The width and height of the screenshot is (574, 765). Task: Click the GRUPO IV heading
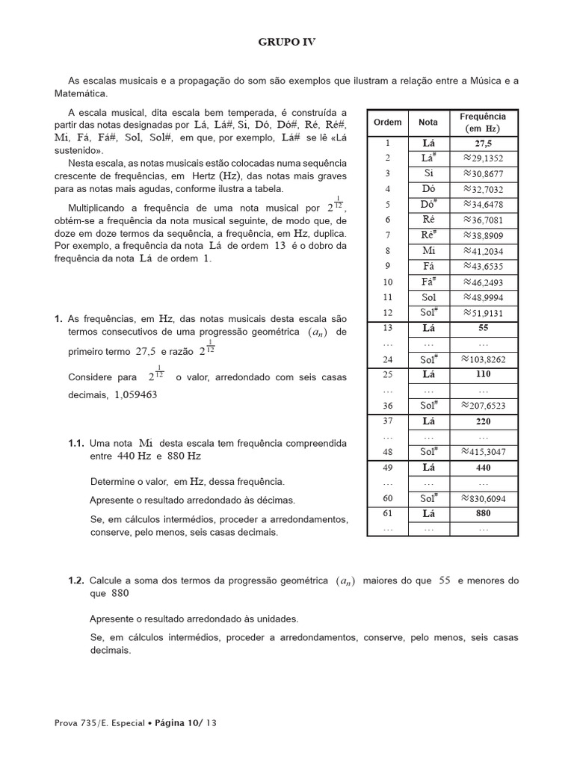[x=287, y=43]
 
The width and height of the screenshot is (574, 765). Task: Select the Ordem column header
[x=387, y=122]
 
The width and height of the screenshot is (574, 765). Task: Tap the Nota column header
[x=428, y=122]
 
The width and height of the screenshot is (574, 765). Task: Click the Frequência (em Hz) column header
[x=482, y=122]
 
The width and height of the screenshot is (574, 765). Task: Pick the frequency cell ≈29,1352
[x=483, y=158]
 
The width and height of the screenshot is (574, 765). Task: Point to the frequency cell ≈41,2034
[x=483, y=251]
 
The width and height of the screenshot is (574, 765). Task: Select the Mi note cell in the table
[x=428, y=251]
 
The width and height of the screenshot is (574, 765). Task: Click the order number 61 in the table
[x=387, y=513]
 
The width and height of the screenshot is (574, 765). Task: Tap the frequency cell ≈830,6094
[x=483, y=498]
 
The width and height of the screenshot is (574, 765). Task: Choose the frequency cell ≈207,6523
[x=483, y=405]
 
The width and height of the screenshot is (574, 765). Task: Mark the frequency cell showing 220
[x=483, y=421]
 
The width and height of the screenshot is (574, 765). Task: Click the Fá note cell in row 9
[x=428, y=267]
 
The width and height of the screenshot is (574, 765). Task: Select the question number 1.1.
[x=77, y=443]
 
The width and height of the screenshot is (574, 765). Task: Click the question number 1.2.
[x=77, y=580]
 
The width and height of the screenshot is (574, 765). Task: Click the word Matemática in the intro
[x=82, y=93]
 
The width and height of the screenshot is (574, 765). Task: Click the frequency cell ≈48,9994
[x=483, y=297]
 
